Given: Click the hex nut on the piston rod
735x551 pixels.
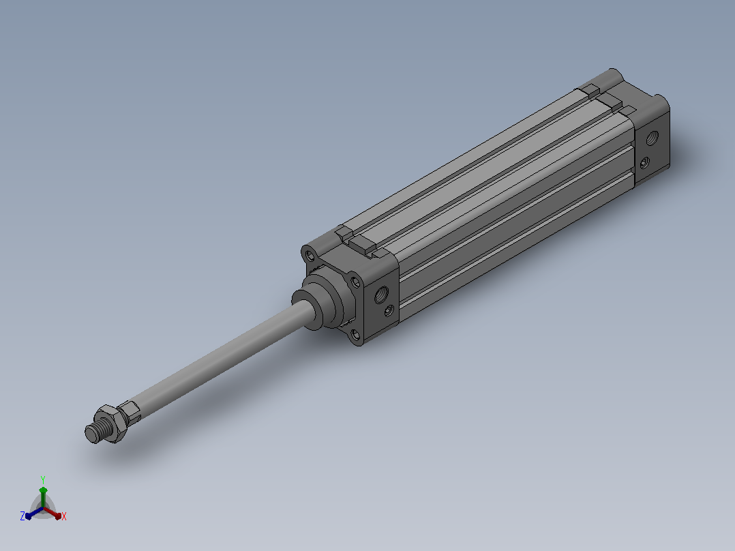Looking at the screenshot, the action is [x=111, y=423].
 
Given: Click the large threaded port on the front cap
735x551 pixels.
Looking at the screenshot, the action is [x=382, y=295].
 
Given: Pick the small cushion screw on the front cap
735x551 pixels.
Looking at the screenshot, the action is [x=389, y=310].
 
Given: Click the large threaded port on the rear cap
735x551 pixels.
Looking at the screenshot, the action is [x=652, y=138].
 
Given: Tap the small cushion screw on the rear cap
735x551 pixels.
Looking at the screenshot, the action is [x=645, y=163].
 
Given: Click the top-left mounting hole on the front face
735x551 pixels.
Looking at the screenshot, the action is [x=310, y=256].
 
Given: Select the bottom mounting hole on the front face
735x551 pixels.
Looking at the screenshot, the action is [x=355, y=334].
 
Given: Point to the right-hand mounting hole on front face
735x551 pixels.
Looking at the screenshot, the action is [x=355, y=282].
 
